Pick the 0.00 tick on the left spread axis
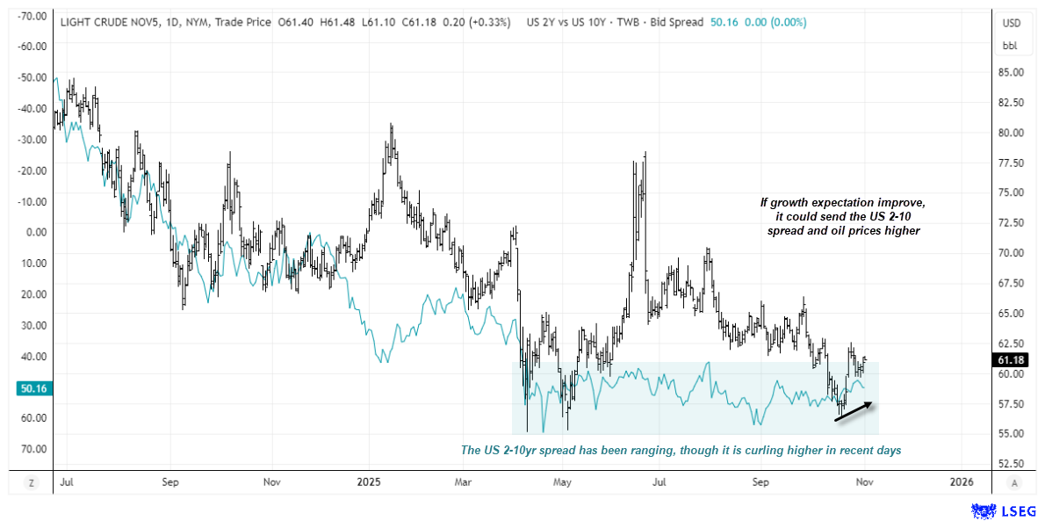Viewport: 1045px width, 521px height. tap(35, 232)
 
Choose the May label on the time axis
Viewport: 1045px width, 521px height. tap(562, 482)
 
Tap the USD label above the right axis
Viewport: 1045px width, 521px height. tap(1013, 24)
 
